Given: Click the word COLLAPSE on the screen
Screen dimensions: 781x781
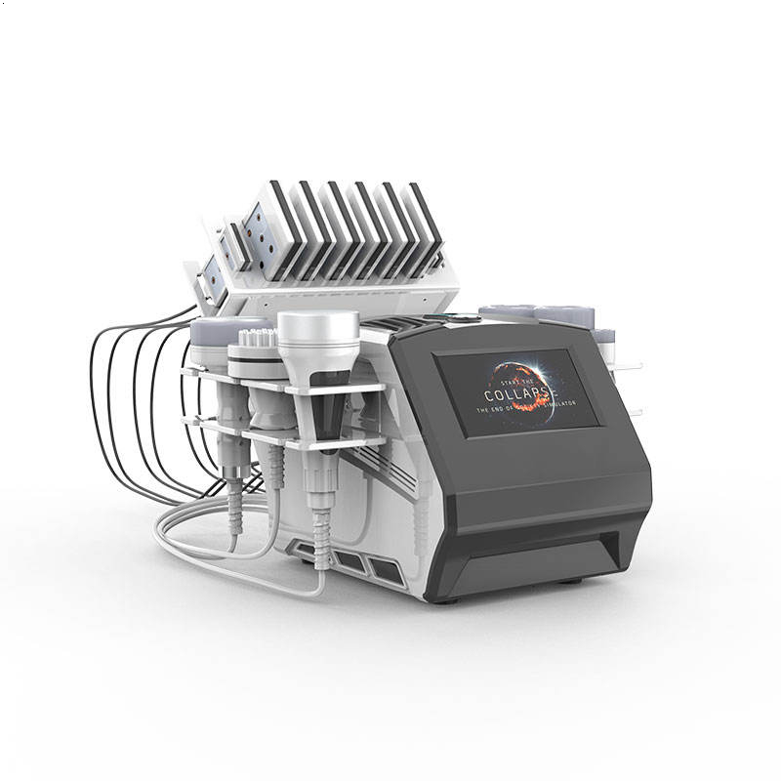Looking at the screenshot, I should point(516,394).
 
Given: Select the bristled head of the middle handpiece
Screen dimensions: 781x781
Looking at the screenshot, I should point(256,352).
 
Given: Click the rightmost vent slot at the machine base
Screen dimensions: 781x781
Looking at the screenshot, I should point(382,567).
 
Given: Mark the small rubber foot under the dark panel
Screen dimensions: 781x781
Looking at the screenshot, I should point(570,582).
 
